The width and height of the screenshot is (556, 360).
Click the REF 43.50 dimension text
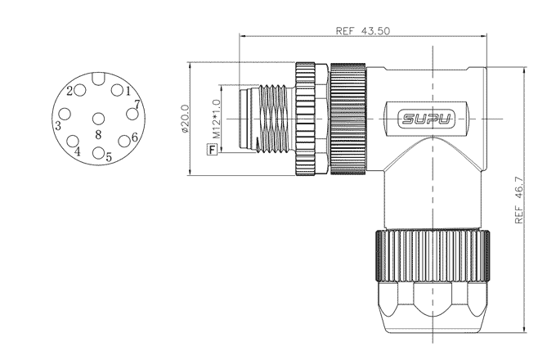[x=362, y=31]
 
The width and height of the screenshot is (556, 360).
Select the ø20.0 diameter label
[x=185, y=119]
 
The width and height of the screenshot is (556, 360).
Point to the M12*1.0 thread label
[x=217, y=119]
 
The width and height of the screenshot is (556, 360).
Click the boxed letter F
[x=212, y=150]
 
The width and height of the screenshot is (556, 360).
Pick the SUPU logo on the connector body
[x=426, y=119]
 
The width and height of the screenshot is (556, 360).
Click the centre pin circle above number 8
[x=98, y=119]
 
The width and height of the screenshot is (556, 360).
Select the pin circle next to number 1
[x=117, y=90]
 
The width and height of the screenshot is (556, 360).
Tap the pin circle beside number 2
[x=80, y=90]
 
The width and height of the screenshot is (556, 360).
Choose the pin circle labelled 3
[x=65, y=115]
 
